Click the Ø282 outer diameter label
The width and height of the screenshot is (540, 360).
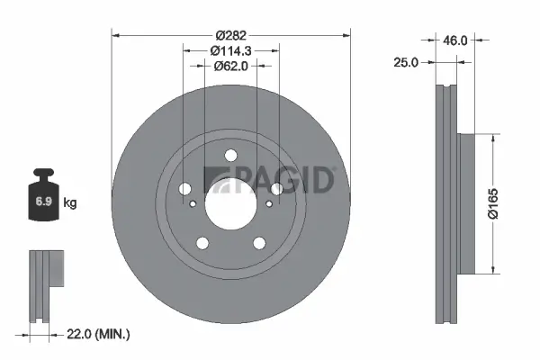click(x=230, y=25)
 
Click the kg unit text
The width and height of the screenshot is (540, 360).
click(x=70, y=203)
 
